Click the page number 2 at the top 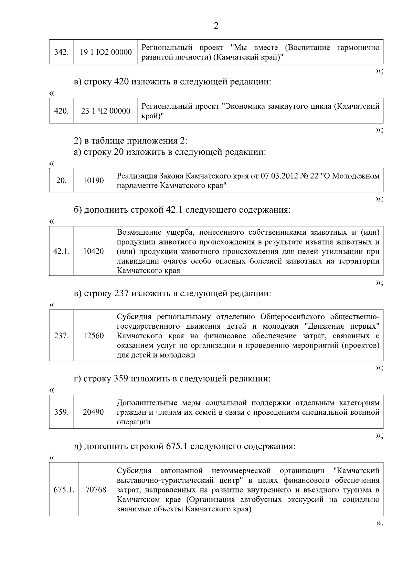pyautogui.click(x=216, y=26)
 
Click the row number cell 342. pyautogui.click(x=62, y=52)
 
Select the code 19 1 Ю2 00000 pyautogui.click(x=106, y=52)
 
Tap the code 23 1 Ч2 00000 pyautogui.click(x=106, y=111)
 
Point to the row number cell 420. pyautogui.click(x=62, y=111)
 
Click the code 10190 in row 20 pyautogui.click(x=93, y=180)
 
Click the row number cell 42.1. pyautogui.click(x=62, y=251)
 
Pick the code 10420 pyautogui.click(x=93, y=251)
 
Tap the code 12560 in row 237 pyautogui.click(x=93, y=336)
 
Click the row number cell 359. pyautogui.click(x=62, y=412)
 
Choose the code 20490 pyautogui.click(x=93, y=412)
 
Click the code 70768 pyautogui.click(x=96, y=489)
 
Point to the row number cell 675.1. pyautogui.click(x=64, y=489)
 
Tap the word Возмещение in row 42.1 pyautogui.click(x=139, y=232)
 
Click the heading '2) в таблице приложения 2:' pyautogui.click(x=131, y=141)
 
